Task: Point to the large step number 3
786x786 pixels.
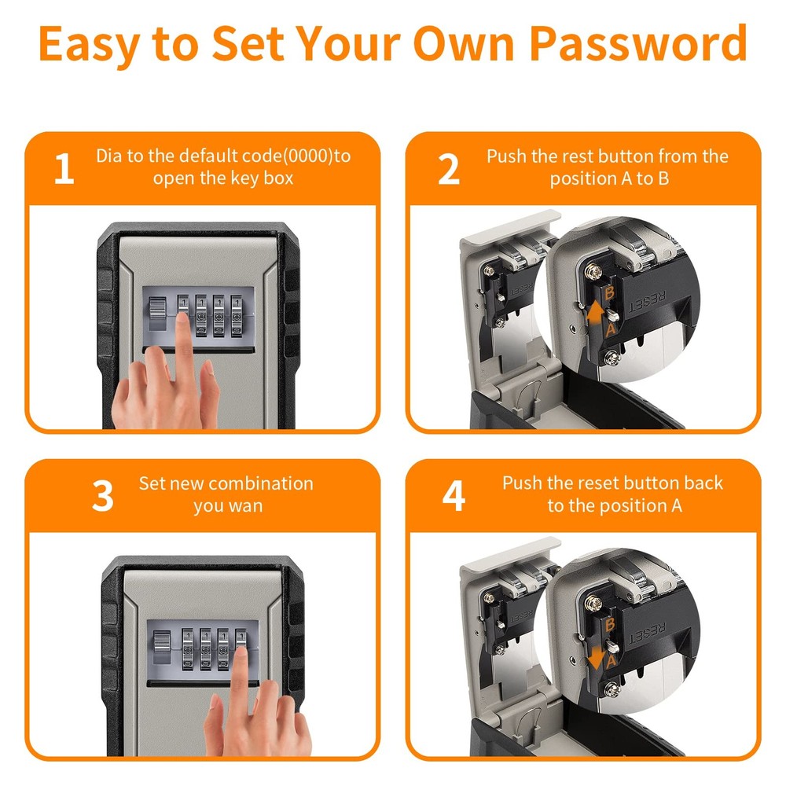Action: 103,498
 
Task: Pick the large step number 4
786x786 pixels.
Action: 454,498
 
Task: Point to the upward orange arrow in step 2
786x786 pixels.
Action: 597,314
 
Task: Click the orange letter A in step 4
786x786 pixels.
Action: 610,661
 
